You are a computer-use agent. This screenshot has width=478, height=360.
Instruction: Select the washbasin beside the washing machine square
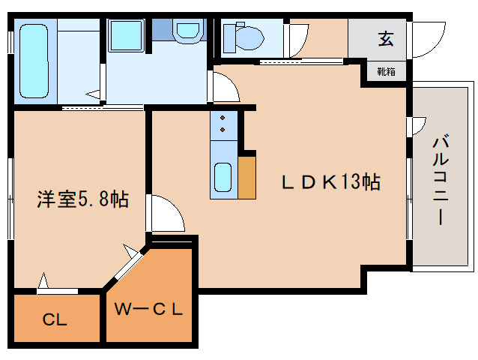click(187, 31)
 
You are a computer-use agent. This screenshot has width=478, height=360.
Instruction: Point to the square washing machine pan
click(128, 35)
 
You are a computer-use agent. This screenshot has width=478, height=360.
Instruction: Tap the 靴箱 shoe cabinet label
click(386, 72)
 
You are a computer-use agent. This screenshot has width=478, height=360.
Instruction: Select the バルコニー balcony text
click(441, 180)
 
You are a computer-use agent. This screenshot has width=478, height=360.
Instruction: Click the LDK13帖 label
click(330, 181)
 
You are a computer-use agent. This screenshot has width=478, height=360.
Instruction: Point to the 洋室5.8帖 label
click(83, 199)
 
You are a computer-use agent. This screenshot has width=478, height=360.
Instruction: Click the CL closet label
click(54, 320)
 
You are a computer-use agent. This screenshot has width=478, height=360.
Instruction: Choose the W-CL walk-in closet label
click(149, 308)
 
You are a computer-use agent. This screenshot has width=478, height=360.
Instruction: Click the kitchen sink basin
click(223, 177)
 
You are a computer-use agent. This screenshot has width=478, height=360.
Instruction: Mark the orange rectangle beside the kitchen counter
click(246, 178)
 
